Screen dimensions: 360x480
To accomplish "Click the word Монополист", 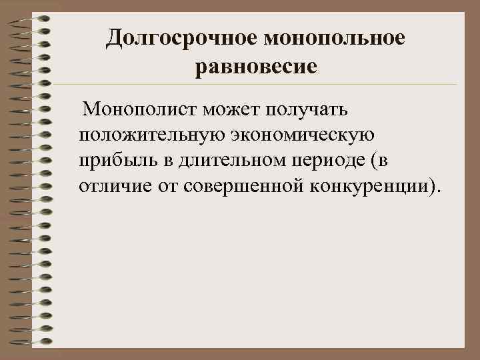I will tap(136, 108).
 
